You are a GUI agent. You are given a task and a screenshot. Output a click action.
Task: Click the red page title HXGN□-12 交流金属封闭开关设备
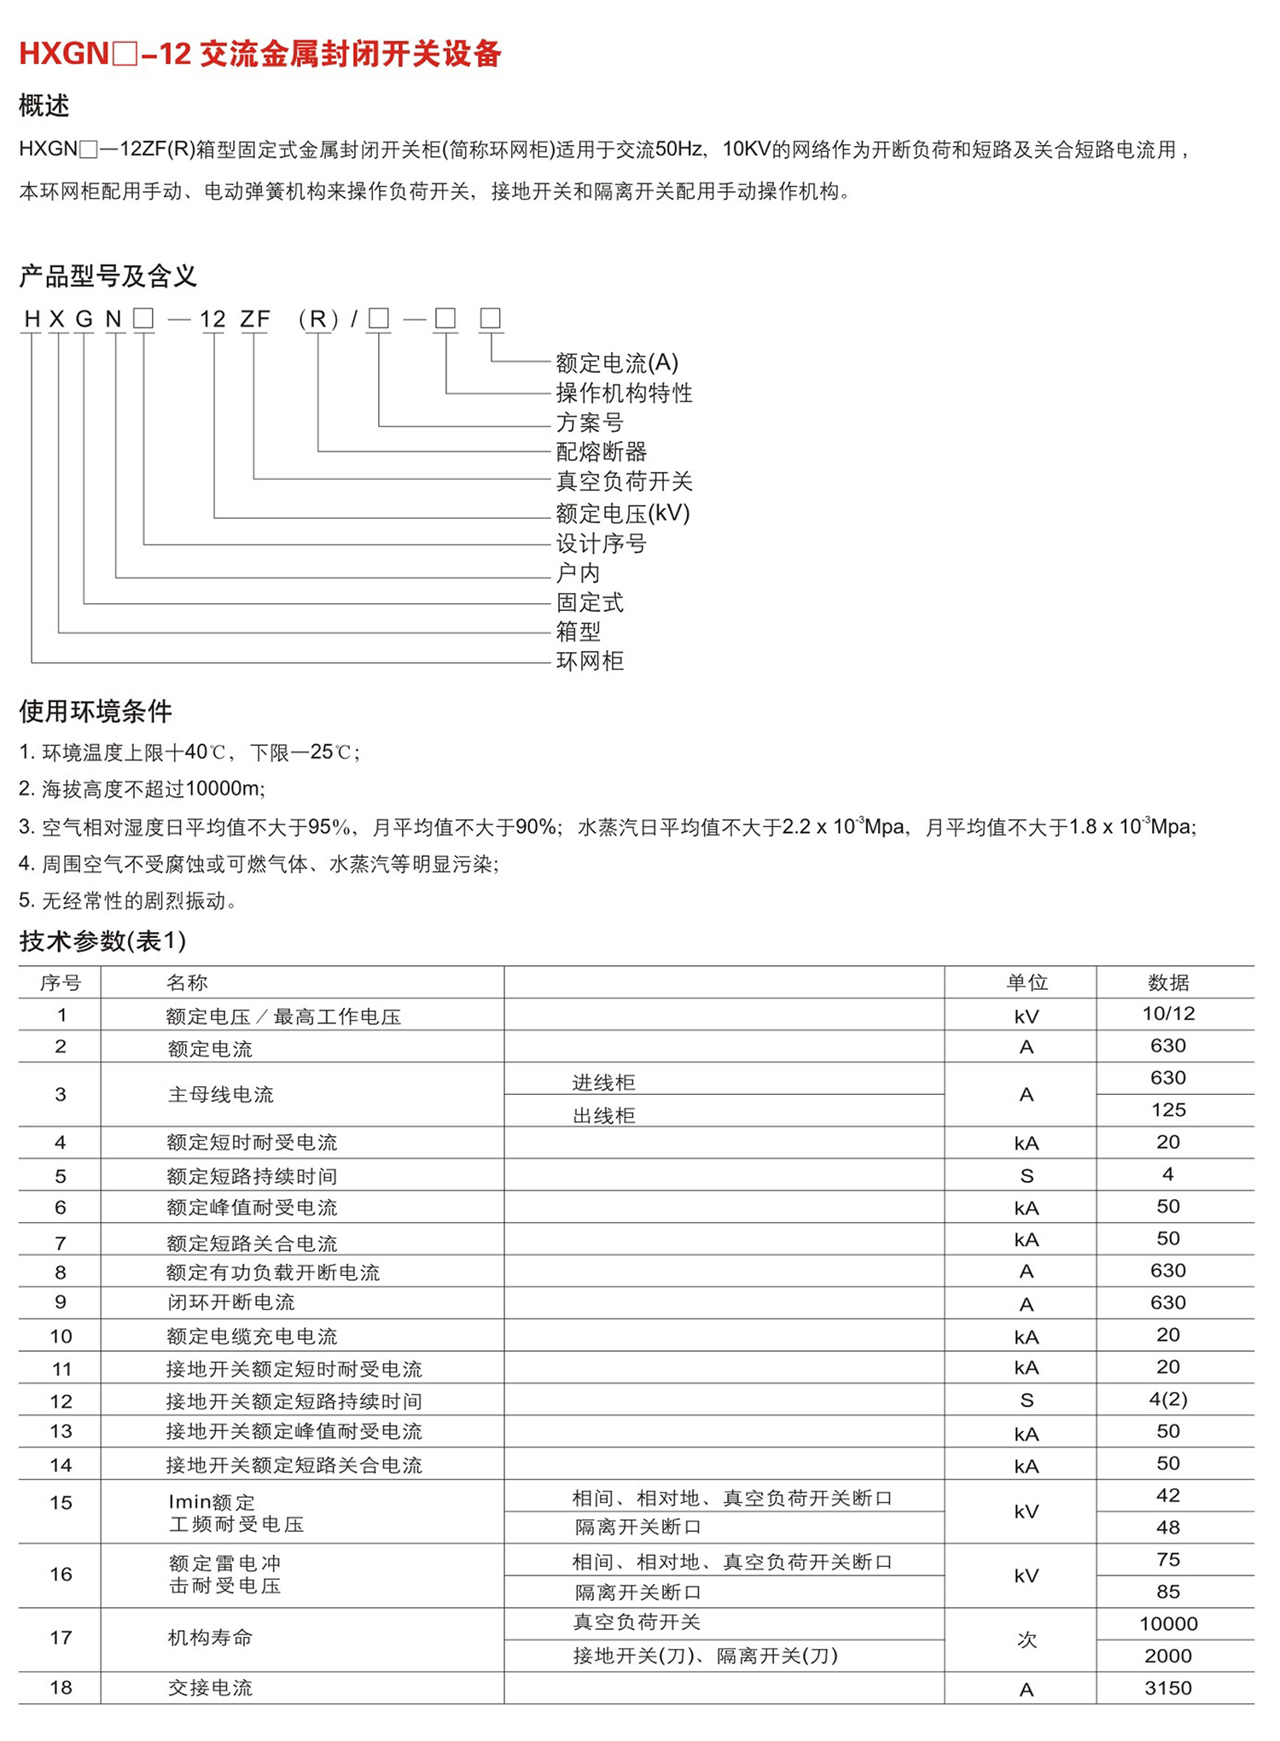pyautogui.click(x=260, y=54)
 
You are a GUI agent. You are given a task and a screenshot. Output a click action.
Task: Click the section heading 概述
pyautogui.click(x=44, y=106)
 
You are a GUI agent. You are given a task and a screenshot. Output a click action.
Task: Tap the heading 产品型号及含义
pyautogui.click(x=108, y=276)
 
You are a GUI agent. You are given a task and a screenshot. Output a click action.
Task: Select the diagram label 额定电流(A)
pyautogui.click(x=617, y=363)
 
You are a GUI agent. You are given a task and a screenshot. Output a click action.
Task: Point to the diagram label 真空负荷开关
pyautogui.click(x=624, y=481)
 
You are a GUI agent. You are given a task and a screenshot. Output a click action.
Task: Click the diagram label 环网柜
pyautogui.click(x=590, y=661)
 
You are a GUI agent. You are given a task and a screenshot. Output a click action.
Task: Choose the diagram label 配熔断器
pyautogui.click(x=602, y=451)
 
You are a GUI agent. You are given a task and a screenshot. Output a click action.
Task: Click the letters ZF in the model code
pyautogui.click(x=254, y=319)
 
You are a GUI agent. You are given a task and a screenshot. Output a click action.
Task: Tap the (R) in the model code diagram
pyautogui.click(x=318, y=319)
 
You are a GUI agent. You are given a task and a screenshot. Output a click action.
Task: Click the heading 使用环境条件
pyautogui.click(x=96, y=711)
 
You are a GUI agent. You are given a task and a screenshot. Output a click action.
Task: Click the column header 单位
pyautogui.click(x=1027, y=982)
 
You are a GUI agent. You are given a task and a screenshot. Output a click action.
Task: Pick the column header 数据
pyautogui.click(x=1168, y=982)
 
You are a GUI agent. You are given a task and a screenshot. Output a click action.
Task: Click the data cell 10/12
pyautogui.click(x=1168, y=1014)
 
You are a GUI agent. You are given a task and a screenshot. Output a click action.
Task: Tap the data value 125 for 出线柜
pyautogui.click(x=1168, y=1109)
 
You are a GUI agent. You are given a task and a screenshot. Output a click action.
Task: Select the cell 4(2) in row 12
pyautogui.click(x=1168, y=1399)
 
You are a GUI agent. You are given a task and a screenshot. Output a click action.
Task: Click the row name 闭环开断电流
pyautogui.click(x=231, y=1302)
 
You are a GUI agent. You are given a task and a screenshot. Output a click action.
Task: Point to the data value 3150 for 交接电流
pyautogui.click(x=1168, y=1688)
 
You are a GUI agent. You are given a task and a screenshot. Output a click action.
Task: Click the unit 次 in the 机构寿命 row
pyautogui.click(x=1027, y=1639)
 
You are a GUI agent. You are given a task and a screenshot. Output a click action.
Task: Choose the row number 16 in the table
pyautogui.click(x=61, y=1575)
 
